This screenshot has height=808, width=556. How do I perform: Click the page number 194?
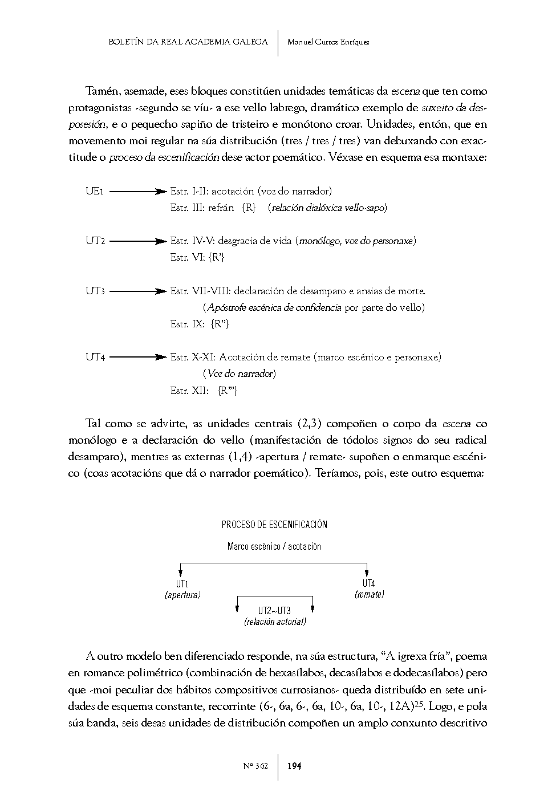(294, 766)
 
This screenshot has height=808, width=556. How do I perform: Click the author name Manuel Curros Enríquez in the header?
(328, 42)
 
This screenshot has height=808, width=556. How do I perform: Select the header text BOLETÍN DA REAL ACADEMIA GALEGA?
(188, 42)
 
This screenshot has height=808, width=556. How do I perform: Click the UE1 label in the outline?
(94, 192)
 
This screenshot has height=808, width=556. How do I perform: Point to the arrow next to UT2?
(137, 241)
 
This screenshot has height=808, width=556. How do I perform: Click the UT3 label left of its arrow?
(95, 291)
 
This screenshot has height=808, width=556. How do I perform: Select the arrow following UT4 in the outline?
(137, 358)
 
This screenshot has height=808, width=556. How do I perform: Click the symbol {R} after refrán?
(249, 208)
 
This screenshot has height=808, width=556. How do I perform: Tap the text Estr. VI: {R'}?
(197, 258)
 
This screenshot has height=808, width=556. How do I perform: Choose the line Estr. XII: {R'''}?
(204, 391)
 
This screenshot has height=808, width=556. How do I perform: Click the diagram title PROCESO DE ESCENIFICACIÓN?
(274, 525)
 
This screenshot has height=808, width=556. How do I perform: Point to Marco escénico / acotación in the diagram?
(274, 546)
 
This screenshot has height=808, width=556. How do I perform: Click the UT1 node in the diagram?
(182, 584)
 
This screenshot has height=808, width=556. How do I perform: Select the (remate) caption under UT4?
(369, 594)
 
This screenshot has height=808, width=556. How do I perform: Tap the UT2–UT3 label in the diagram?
(274, 611)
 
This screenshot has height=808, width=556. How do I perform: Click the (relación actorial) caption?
(274, 622)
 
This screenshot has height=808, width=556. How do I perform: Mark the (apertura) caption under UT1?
(182, 595)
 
